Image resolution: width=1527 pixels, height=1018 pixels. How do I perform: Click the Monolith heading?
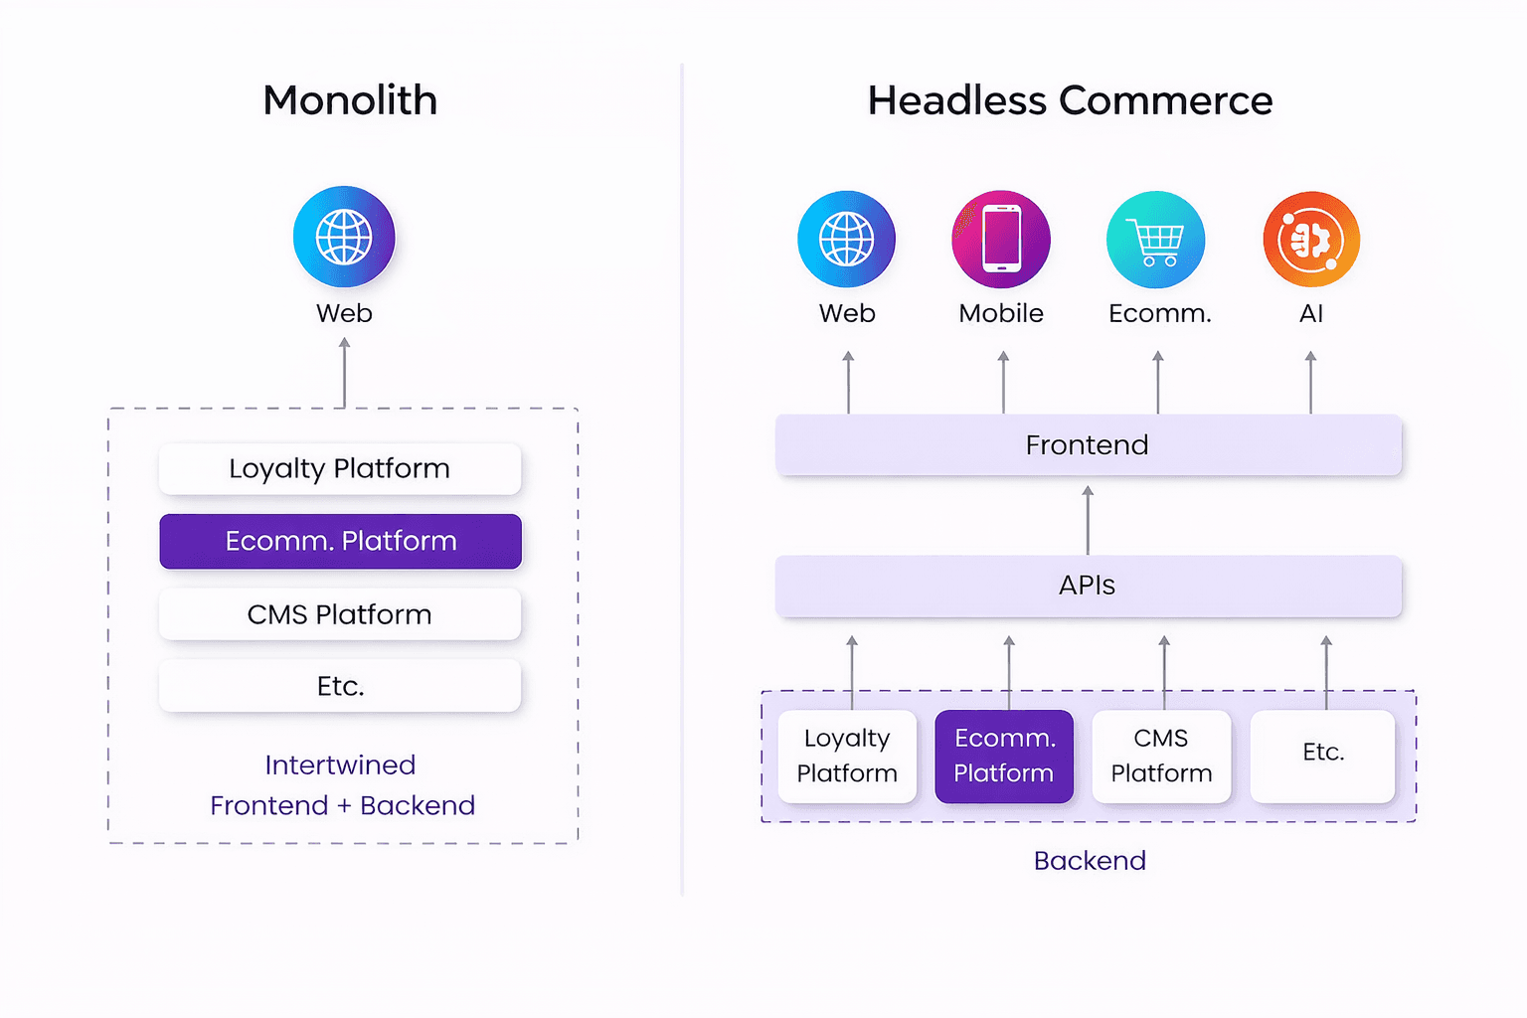point(350,100)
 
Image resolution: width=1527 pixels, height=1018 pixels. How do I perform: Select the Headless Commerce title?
point(1070,100)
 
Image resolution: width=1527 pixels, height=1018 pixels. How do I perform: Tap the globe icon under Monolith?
point(344,237)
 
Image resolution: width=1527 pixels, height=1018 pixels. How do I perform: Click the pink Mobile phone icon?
point(1001,240)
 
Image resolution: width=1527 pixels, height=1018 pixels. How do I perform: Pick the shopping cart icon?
point(1155,240)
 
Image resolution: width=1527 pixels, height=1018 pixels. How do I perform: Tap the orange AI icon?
point(1311,240)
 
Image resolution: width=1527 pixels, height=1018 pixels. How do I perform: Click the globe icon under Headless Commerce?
point(847,240)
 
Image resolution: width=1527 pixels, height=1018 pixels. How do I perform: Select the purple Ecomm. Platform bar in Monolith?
point(341,542)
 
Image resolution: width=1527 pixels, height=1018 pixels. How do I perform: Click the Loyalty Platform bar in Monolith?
point(340,469)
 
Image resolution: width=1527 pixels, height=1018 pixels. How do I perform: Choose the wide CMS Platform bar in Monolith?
point(340,614)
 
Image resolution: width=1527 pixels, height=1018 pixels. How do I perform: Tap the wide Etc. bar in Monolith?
point(340,686)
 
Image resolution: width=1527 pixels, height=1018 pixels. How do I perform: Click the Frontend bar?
point(1089,444)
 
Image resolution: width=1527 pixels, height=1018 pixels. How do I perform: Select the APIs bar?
point(1089,586)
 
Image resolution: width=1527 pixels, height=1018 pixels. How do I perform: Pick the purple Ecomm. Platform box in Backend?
point(1004,757)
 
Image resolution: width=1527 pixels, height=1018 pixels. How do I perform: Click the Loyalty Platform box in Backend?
point(847,757)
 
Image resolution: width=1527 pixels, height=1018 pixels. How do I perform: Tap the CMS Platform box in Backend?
point(1161,757)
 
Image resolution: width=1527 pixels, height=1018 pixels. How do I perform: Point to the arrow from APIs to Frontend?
point(1088,520)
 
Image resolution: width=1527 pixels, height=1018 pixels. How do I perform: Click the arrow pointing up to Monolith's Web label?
point(344,372)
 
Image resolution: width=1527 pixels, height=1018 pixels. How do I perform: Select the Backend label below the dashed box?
point(1090,861)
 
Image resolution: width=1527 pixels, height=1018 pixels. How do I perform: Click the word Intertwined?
point(340,765)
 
